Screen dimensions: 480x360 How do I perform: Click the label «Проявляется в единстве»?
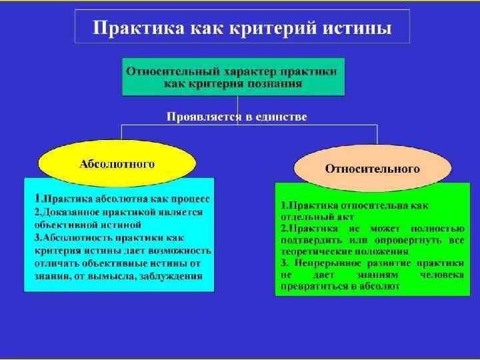[x=237, y=117]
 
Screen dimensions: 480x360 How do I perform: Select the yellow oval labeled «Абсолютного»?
[x=117, y=163]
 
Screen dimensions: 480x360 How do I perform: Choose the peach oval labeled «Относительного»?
[x=372, y=169]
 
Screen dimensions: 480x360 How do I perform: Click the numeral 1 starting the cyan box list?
[x=37, y=199]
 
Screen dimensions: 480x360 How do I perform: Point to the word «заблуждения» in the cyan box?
[x=172, y=275]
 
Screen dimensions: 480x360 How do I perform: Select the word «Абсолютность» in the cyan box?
[x=78, y=238]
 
